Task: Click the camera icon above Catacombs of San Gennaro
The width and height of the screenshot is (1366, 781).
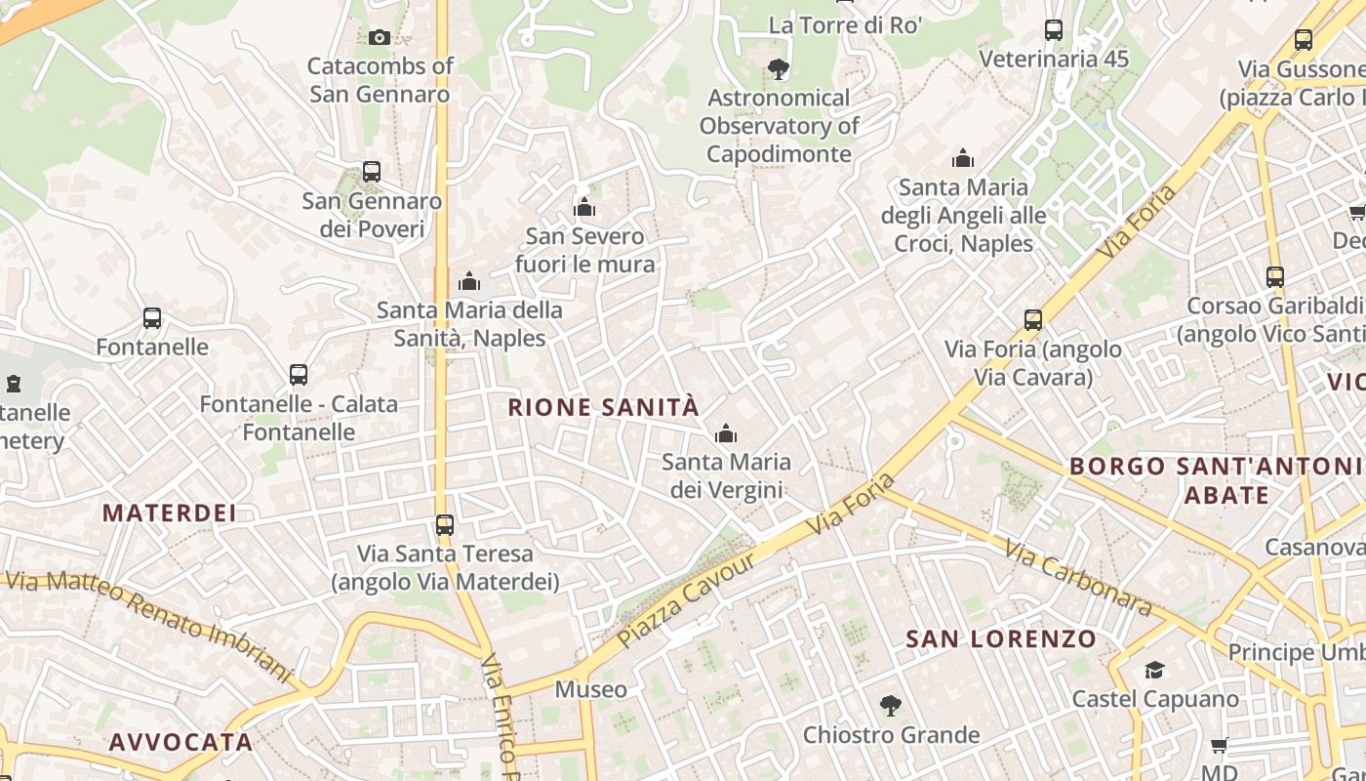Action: [380, 38]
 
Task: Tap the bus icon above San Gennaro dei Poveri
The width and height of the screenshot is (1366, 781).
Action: [371, 172]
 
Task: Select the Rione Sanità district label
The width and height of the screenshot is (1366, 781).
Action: [604, 407]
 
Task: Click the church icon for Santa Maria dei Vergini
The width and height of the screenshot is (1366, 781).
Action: [726, 434]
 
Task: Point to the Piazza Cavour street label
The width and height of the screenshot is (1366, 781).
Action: [686, 600]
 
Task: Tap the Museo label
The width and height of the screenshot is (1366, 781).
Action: [591, 689]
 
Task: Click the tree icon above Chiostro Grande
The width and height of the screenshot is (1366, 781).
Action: [890, 705]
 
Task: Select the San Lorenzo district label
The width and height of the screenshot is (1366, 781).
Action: [1001, 639]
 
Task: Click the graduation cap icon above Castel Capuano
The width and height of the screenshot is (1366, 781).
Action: [1155, 670]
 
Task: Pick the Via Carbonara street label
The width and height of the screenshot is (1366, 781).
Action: [1077, 579]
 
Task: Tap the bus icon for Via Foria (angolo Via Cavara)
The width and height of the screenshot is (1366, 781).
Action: [1033, 319]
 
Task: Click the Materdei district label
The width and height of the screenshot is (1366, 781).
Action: [170, 514]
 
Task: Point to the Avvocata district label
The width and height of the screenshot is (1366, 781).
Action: [181, 742]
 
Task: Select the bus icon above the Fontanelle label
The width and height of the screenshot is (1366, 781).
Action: [152, 318]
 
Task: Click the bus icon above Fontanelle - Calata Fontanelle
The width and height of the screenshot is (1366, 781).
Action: [299, 374]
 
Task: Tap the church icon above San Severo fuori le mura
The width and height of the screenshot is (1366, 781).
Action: [584, 207]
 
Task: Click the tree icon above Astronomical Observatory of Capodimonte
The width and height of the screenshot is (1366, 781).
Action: [778, 68]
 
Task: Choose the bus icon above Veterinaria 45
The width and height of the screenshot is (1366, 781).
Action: [1054, 30]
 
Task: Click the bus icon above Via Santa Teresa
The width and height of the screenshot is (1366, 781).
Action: [445, 525]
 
